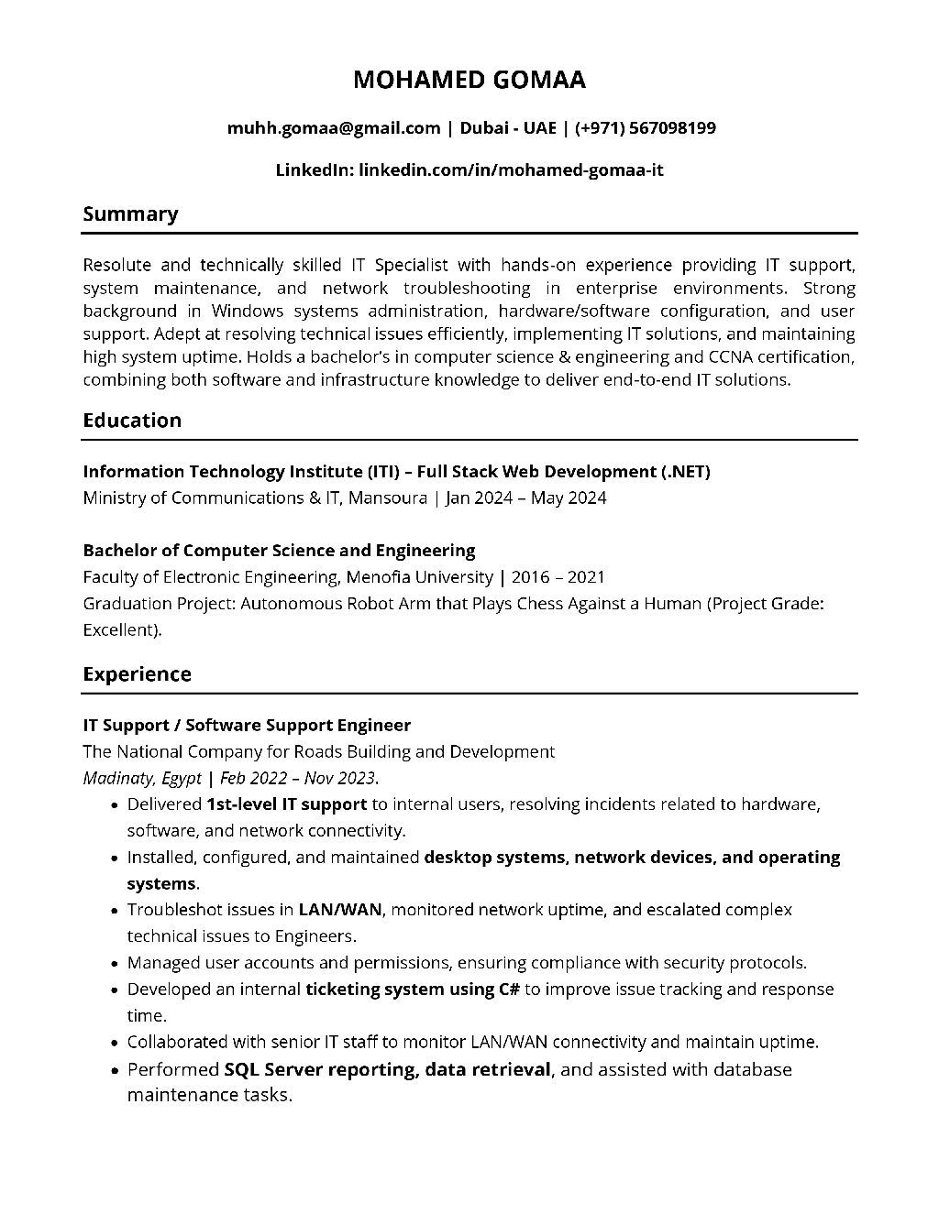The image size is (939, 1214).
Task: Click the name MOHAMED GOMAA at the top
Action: (469, 80)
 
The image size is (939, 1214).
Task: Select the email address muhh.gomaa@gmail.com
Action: (334, 127)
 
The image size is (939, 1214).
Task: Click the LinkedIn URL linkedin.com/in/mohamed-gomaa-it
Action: (511, 170)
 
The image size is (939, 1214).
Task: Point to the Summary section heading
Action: (130, 213)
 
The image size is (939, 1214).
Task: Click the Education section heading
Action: (132, 420)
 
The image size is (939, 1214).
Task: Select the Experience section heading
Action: (137, 673)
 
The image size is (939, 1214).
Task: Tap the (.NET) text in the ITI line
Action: (685, 471)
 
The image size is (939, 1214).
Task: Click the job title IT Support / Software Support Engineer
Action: (247, 725)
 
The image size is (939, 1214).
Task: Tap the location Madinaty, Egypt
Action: (141, 778)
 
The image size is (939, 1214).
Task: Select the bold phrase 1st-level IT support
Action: (286, 804)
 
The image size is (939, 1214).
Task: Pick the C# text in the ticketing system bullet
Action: (509, 989)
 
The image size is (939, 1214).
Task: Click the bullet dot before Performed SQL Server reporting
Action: (113, 1070)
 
